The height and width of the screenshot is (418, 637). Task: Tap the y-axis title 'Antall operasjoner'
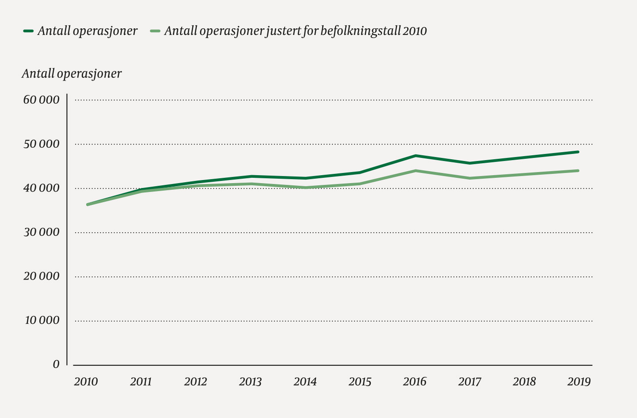[72, 73]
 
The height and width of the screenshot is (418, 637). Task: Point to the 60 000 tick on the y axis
[41, 100]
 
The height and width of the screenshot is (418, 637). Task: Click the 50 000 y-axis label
[41, 144]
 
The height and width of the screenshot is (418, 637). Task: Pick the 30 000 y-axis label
[41, 232]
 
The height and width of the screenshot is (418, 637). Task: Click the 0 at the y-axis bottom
[56, 364]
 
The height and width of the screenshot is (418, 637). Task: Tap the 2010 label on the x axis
[86, 381]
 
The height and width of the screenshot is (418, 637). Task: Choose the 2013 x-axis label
[250, 381]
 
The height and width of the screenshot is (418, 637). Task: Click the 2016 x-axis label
[415, 381]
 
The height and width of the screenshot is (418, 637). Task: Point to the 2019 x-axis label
[579, 381]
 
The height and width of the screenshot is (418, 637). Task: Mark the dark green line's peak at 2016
[416, 156]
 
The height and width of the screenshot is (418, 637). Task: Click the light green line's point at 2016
[416, 171]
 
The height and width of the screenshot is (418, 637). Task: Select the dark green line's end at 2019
[578, 152]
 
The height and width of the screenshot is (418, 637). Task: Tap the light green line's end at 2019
[578, 171]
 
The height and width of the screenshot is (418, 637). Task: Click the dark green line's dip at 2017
[469, 163]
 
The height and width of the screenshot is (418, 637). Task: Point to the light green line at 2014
[305, 188]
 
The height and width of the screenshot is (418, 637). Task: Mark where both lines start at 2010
[88, 204]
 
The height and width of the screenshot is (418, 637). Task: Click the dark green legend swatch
[29, 31]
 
